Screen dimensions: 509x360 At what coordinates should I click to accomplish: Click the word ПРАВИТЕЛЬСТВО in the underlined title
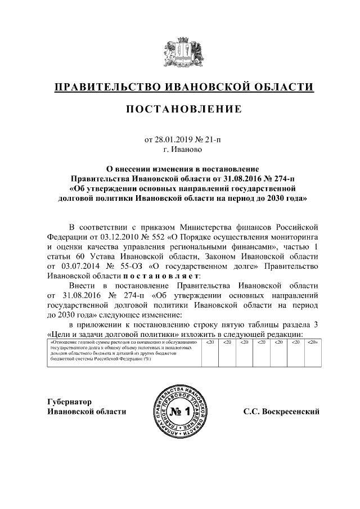coord(107,87)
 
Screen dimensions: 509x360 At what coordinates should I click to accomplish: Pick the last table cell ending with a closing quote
coord(313,343)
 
